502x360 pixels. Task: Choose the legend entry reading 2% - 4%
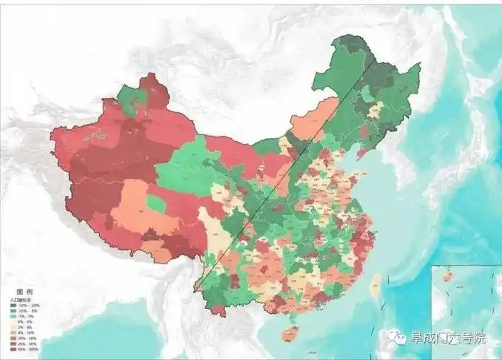click(x=23, y=326)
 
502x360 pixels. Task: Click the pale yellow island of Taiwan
click(x=375, y=287)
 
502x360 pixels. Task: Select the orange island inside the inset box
click(x=447, y=276)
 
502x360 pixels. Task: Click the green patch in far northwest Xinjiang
click(x=130, y=102)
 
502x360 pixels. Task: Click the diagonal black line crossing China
click(x=288, y=169)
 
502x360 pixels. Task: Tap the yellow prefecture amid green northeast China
click(x=375, y=110)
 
